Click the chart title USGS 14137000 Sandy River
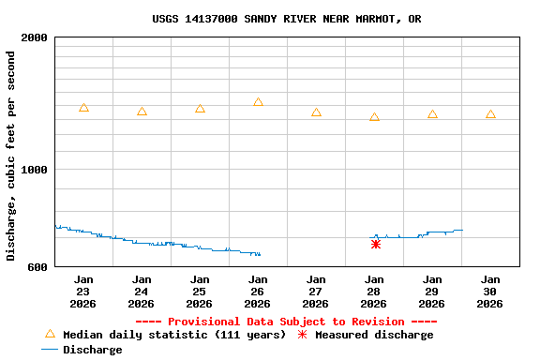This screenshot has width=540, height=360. point(286,19)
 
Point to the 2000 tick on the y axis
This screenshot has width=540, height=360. point(35,37)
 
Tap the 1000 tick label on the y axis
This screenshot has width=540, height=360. point(35,170)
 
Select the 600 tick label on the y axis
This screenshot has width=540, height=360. point(38,267)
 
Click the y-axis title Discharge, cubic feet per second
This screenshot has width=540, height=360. point(11,156)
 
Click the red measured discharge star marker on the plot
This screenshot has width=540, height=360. point(375,244)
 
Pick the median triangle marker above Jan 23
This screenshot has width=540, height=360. point(83,108)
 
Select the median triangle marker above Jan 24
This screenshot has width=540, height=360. point(142,112)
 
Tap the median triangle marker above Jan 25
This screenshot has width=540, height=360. point(200,109)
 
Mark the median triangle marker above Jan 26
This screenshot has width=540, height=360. point(258,102)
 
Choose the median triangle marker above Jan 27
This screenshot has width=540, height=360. point(316,112)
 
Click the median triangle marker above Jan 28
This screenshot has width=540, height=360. point(374,117)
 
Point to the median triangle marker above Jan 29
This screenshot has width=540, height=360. point(432,114)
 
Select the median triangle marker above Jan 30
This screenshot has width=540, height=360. point(490,114)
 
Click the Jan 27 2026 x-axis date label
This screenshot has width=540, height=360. point(316,291)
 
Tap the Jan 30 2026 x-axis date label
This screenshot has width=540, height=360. point(490,291)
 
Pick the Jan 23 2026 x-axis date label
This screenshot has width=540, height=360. point(83,291)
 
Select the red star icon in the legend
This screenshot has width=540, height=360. point(302,335)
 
